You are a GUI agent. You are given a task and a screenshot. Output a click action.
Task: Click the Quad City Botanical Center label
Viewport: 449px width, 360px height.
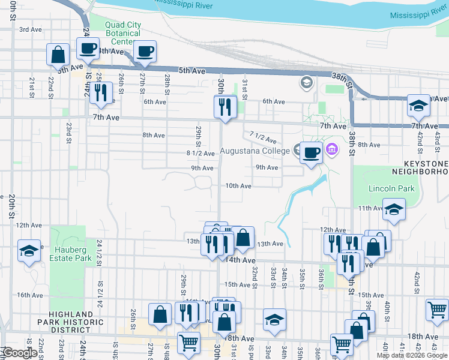[123, 34]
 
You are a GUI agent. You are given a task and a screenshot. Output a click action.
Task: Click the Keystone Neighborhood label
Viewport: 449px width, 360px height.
[420, 167]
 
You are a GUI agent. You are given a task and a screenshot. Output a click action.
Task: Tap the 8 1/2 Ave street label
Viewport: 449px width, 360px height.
[200, 154]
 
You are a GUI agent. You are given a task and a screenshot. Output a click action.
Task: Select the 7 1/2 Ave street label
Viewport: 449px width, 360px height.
[262, 139]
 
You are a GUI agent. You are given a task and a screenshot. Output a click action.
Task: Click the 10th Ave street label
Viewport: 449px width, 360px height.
[238, 186]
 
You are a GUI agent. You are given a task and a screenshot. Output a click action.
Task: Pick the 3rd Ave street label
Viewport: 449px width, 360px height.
[31, 29]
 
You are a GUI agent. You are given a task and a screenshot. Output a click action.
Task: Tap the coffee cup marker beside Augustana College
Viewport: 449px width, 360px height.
[310, 152]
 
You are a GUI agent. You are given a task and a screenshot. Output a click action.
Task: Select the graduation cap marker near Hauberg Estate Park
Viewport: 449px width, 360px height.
[29, 251]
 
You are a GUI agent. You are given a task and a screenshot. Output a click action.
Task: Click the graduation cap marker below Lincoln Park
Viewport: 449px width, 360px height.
[394, 209]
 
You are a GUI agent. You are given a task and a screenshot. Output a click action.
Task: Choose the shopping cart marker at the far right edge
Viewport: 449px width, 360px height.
[438, 310]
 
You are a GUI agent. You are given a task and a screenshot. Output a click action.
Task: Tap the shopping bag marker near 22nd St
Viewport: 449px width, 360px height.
[58, 55]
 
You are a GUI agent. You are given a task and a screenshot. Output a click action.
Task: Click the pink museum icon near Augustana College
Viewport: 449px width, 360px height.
[330, 148]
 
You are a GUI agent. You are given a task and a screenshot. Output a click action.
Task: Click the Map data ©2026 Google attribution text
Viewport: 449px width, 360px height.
[412, 355]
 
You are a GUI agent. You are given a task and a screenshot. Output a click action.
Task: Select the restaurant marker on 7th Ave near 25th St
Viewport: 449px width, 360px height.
[101, 92]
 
